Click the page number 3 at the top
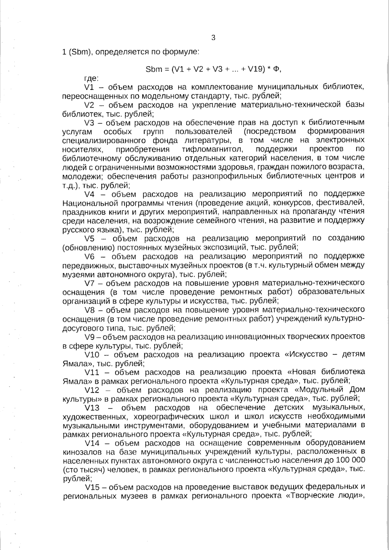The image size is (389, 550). tap(213, 38)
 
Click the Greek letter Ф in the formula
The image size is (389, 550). tap(277, 69)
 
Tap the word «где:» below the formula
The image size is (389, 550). tap(92, 78)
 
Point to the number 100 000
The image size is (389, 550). tap(350, 460)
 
